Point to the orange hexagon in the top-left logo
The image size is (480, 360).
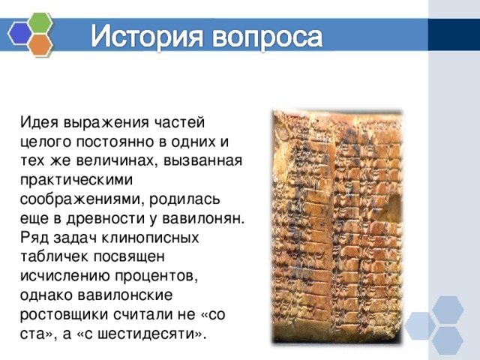tap(40, 46)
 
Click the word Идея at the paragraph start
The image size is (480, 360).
tap(39, 121)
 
